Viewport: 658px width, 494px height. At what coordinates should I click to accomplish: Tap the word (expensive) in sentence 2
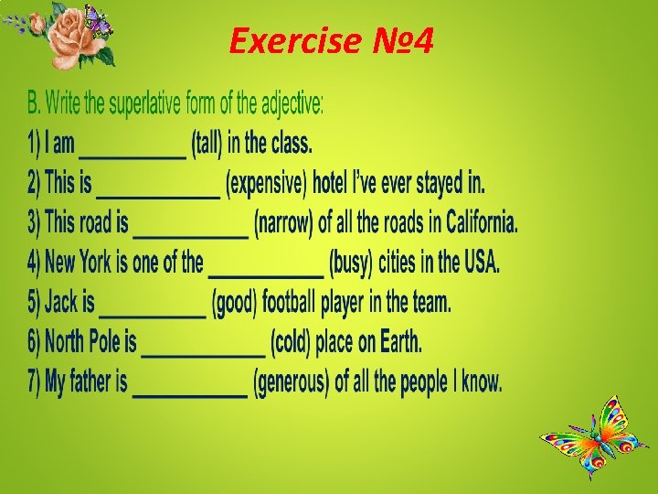266,184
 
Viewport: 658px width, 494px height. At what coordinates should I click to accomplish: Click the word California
482,222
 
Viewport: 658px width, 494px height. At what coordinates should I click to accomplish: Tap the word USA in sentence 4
481,263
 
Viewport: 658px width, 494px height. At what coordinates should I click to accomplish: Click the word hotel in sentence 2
336,184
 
